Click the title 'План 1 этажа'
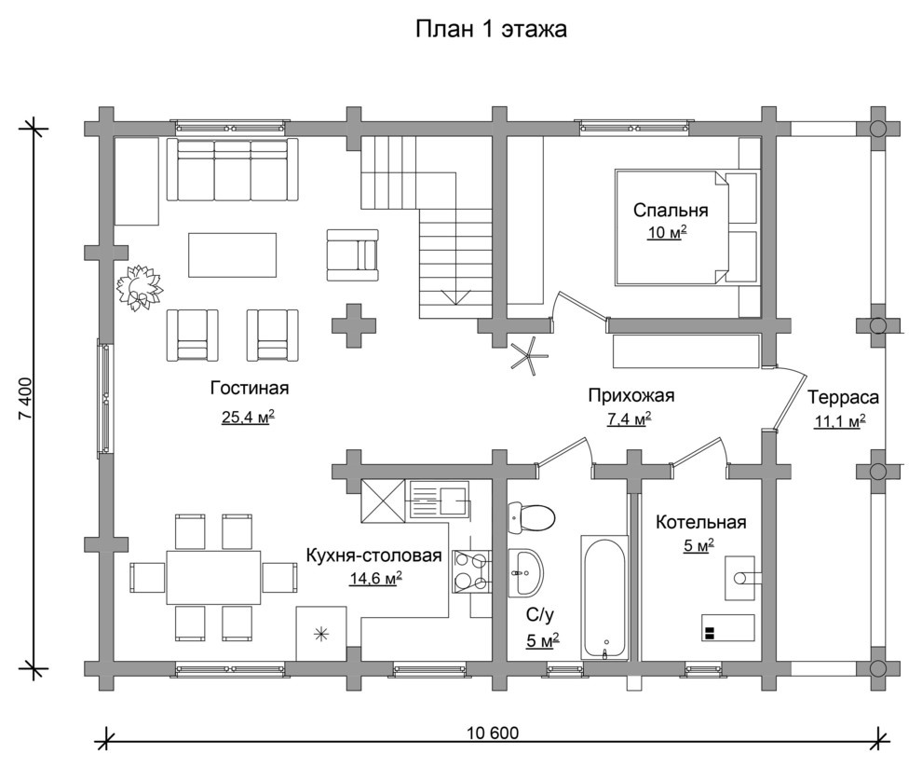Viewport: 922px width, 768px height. [491, 29]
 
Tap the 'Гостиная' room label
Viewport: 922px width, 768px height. [250, 389]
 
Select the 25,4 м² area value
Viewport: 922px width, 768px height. [249, 418]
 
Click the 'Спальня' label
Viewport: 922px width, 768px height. [671, 210]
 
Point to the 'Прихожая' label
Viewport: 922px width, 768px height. [630, 395]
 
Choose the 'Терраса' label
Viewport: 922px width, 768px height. [843, 398]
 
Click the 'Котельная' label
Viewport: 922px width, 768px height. [701, 522]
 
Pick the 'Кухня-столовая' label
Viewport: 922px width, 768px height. [374, 555]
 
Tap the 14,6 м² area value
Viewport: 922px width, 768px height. [376, 579]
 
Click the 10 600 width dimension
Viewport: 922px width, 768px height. [494, 734]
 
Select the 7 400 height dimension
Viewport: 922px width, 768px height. [26, 398]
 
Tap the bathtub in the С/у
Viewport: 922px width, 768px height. [603, 597]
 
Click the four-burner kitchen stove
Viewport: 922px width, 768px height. [471, 570]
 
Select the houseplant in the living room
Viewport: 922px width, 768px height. [139, 287]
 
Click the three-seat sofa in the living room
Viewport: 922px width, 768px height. [233, 170]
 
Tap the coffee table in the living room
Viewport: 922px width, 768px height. [232, 254]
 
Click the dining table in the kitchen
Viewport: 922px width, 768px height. [213, 577]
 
